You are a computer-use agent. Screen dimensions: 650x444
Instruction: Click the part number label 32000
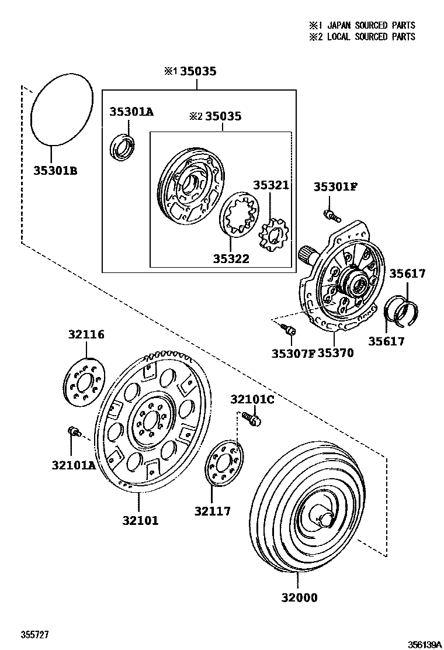298,597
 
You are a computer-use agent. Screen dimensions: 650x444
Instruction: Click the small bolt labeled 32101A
74,431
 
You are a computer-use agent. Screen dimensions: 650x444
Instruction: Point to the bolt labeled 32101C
252,418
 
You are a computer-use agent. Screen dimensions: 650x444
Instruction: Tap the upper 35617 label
407,273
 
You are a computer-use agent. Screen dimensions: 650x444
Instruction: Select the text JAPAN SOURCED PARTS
371,25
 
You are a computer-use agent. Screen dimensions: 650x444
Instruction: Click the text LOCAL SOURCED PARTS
371,36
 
